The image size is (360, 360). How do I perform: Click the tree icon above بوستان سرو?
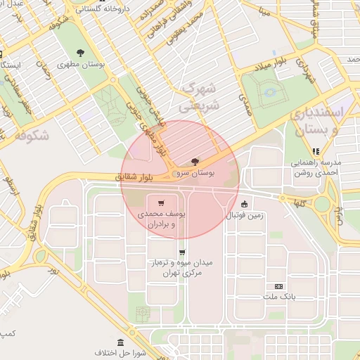click(x=194, y=162)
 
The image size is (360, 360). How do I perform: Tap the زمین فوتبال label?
click(x=244, y=216)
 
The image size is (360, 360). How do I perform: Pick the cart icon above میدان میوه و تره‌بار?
click(x=183, y=252)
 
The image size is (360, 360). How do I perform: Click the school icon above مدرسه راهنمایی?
click(x=316, y=150)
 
